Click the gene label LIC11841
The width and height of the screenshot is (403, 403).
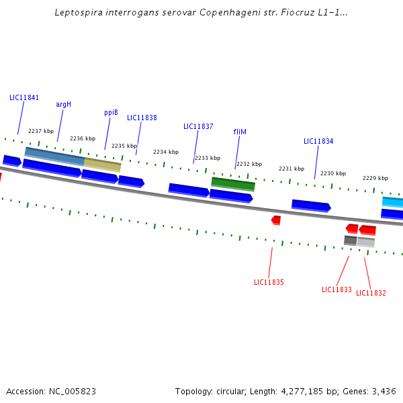click(24, 97)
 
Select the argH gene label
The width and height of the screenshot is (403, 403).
click(63, 104)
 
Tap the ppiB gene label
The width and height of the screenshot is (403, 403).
click(111, 113)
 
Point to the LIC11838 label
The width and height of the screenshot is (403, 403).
click(142, 118)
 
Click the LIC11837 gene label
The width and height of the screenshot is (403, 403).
click(198, 126)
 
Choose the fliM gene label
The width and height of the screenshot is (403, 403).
click(240, 132)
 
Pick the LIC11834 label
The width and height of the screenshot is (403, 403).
click(318, 141)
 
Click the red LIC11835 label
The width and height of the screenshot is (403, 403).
click(269, 282)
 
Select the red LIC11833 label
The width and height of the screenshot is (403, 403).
click(337, 289)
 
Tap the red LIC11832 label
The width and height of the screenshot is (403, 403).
click(371, 293)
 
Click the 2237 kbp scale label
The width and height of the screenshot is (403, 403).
click(40, 131)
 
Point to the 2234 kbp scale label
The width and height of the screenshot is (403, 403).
click(165, 152)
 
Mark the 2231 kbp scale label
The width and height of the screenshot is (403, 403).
click(291, 169)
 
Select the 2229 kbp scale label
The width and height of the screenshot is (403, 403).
click(375, 178)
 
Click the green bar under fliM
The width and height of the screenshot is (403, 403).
click(233, 183)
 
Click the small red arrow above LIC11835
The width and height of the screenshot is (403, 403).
click(276, 220)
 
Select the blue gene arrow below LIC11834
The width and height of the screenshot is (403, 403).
click(310, 206)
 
